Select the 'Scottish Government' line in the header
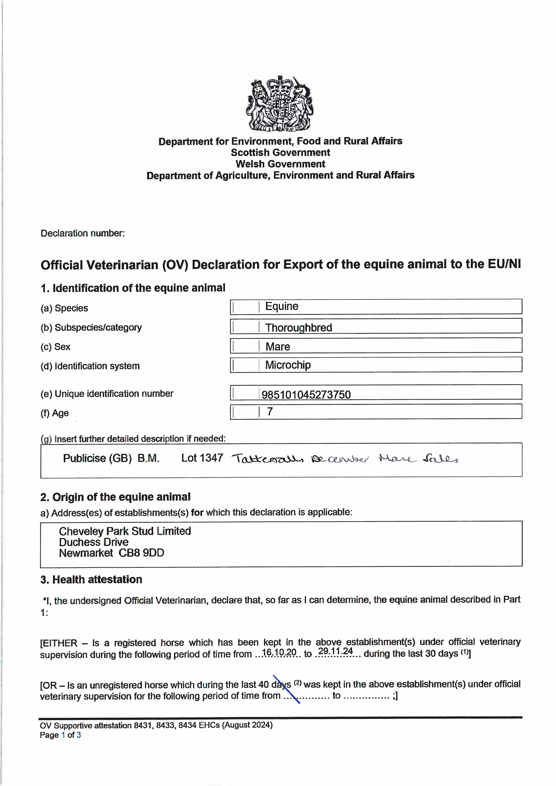(280, 153)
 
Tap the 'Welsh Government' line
(280, 164)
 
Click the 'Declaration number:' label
(83, 233)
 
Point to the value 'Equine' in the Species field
(282, 306)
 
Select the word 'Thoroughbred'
(298, 328)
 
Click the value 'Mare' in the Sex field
(278, 347)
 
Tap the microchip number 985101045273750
(306, 395)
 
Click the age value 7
(270, 412)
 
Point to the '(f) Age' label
(55, 413)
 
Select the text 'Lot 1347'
(202, 458)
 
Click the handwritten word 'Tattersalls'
(267, 459)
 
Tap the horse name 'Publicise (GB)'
(97, 458)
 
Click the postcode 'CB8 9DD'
(141, 553)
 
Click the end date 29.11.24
(335, 651)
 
